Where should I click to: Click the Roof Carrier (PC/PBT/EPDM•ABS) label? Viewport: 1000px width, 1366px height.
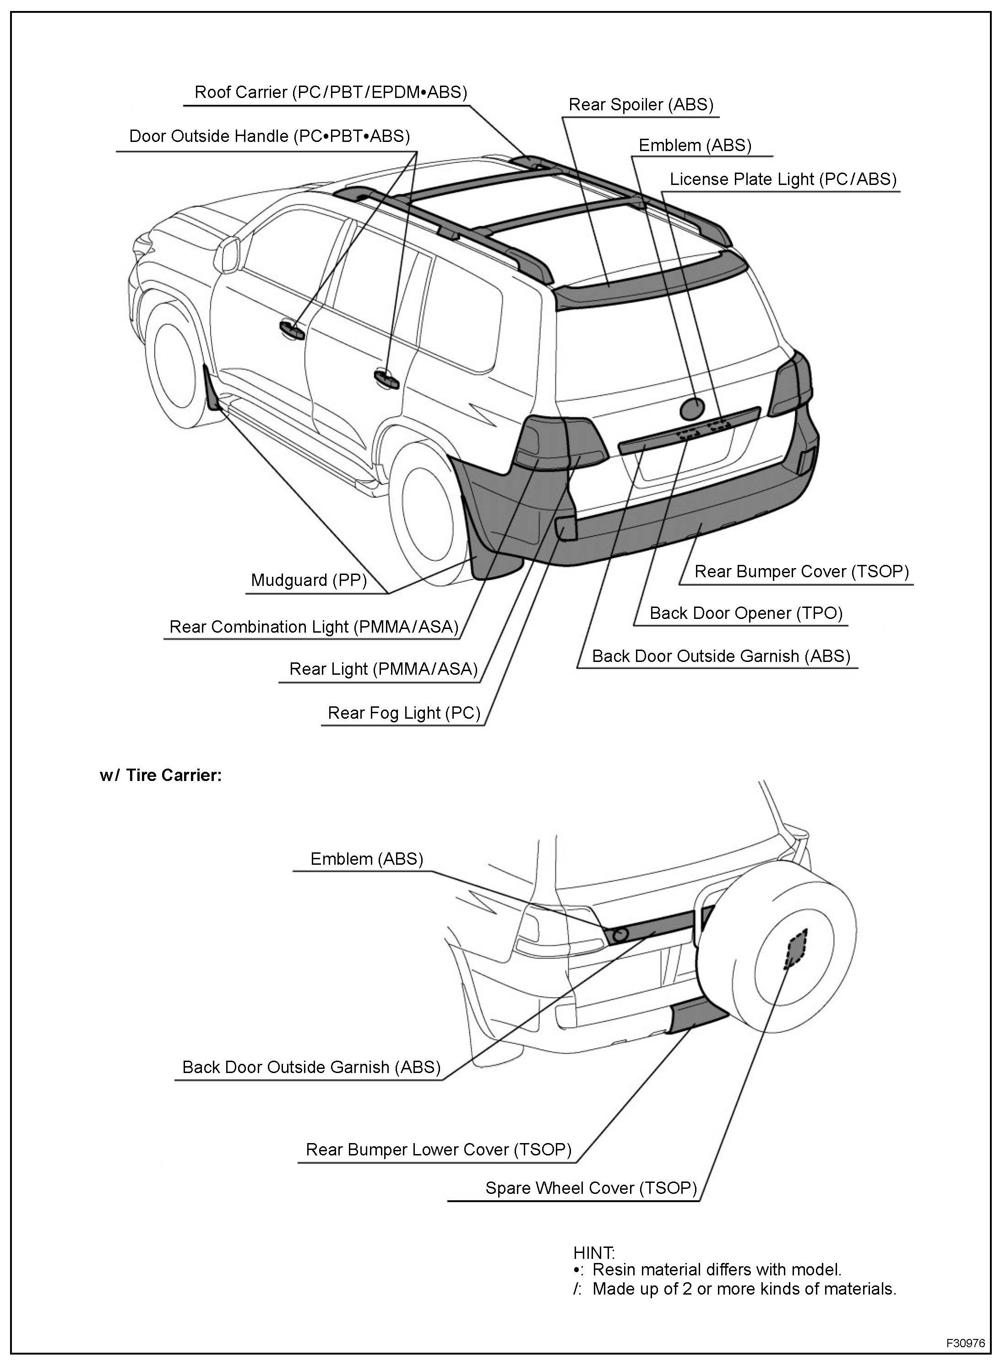331,92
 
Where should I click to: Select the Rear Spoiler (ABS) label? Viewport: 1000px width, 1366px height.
641,105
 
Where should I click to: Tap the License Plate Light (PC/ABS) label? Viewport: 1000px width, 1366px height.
783,179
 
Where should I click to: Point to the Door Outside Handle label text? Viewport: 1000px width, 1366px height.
269,136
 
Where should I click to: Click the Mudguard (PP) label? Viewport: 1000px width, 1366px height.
309,580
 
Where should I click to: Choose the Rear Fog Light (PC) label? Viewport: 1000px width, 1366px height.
404,713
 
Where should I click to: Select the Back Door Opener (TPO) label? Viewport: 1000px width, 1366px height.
746,613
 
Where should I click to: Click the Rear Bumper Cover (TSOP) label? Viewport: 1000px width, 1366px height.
801,571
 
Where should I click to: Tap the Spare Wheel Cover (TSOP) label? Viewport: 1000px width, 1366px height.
591,1188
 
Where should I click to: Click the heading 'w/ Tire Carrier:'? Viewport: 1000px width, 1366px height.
160,776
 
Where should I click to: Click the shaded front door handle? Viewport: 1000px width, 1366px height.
293,329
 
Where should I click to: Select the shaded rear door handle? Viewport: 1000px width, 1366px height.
386,379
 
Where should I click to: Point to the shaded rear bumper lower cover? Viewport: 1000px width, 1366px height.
697,1017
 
